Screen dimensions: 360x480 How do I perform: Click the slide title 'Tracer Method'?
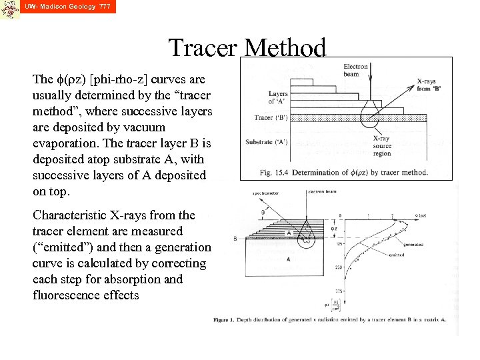pos(247,49)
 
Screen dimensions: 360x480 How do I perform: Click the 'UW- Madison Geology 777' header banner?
pos(67,7)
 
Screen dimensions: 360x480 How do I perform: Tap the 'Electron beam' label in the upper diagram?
pos(355,70)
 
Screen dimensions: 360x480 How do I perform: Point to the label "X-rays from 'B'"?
pos(429,85)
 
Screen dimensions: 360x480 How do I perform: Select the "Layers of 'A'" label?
pos(278,98)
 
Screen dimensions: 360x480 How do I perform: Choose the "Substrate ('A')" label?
pos(269,142)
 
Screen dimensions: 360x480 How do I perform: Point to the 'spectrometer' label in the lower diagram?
pos(265,193)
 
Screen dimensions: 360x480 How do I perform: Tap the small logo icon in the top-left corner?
pos(10,9)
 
